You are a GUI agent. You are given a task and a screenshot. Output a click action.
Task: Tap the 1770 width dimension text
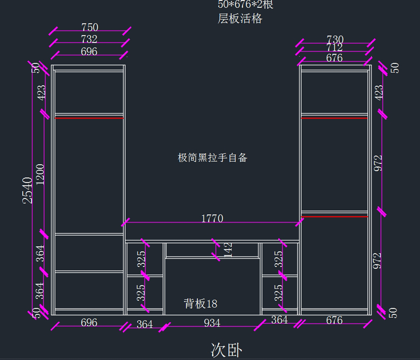coord(212,219)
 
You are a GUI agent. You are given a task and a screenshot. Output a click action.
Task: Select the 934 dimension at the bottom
coord(212,323)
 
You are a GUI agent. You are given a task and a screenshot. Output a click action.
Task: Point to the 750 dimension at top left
coord(90,27)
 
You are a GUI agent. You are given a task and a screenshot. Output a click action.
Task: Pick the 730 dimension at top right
coord(335,39)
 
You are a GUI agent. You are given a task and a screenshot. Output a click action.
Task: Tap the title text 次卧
coord(226,349)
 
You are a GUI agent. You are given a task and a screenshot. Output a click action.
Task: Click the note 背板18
coord(201,303)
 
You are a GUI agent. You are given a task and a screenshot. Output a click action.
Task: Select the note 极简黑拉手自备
coord(212,158)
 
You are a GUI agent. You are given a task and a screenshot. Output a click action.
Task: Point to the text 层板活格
coord(240,18)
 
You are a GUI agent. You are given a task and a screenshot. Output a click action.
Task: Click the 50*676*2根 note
coord(245,5)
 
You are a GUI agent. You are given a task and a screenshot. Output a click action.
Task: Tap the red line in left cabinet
coord(89,118)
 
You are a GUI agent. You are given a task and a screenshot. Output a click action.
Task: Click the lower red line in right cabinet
coord(335,217)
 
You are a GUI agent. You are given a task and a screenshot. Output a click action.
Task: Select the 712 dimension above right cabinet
coord(335,47)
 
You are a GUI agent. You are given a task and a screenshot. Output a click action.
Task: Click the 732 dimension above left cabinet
coord(89,39)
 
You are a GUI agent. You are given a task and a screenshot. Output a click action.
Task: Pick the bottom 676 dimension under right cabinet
coord(334,320)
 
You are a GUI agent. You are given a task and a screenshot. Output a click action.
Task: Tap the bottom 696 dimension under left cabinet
coord(89,322)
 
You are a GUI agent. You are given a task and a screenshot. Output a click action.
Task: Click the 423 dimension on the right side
coord(379,92)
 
